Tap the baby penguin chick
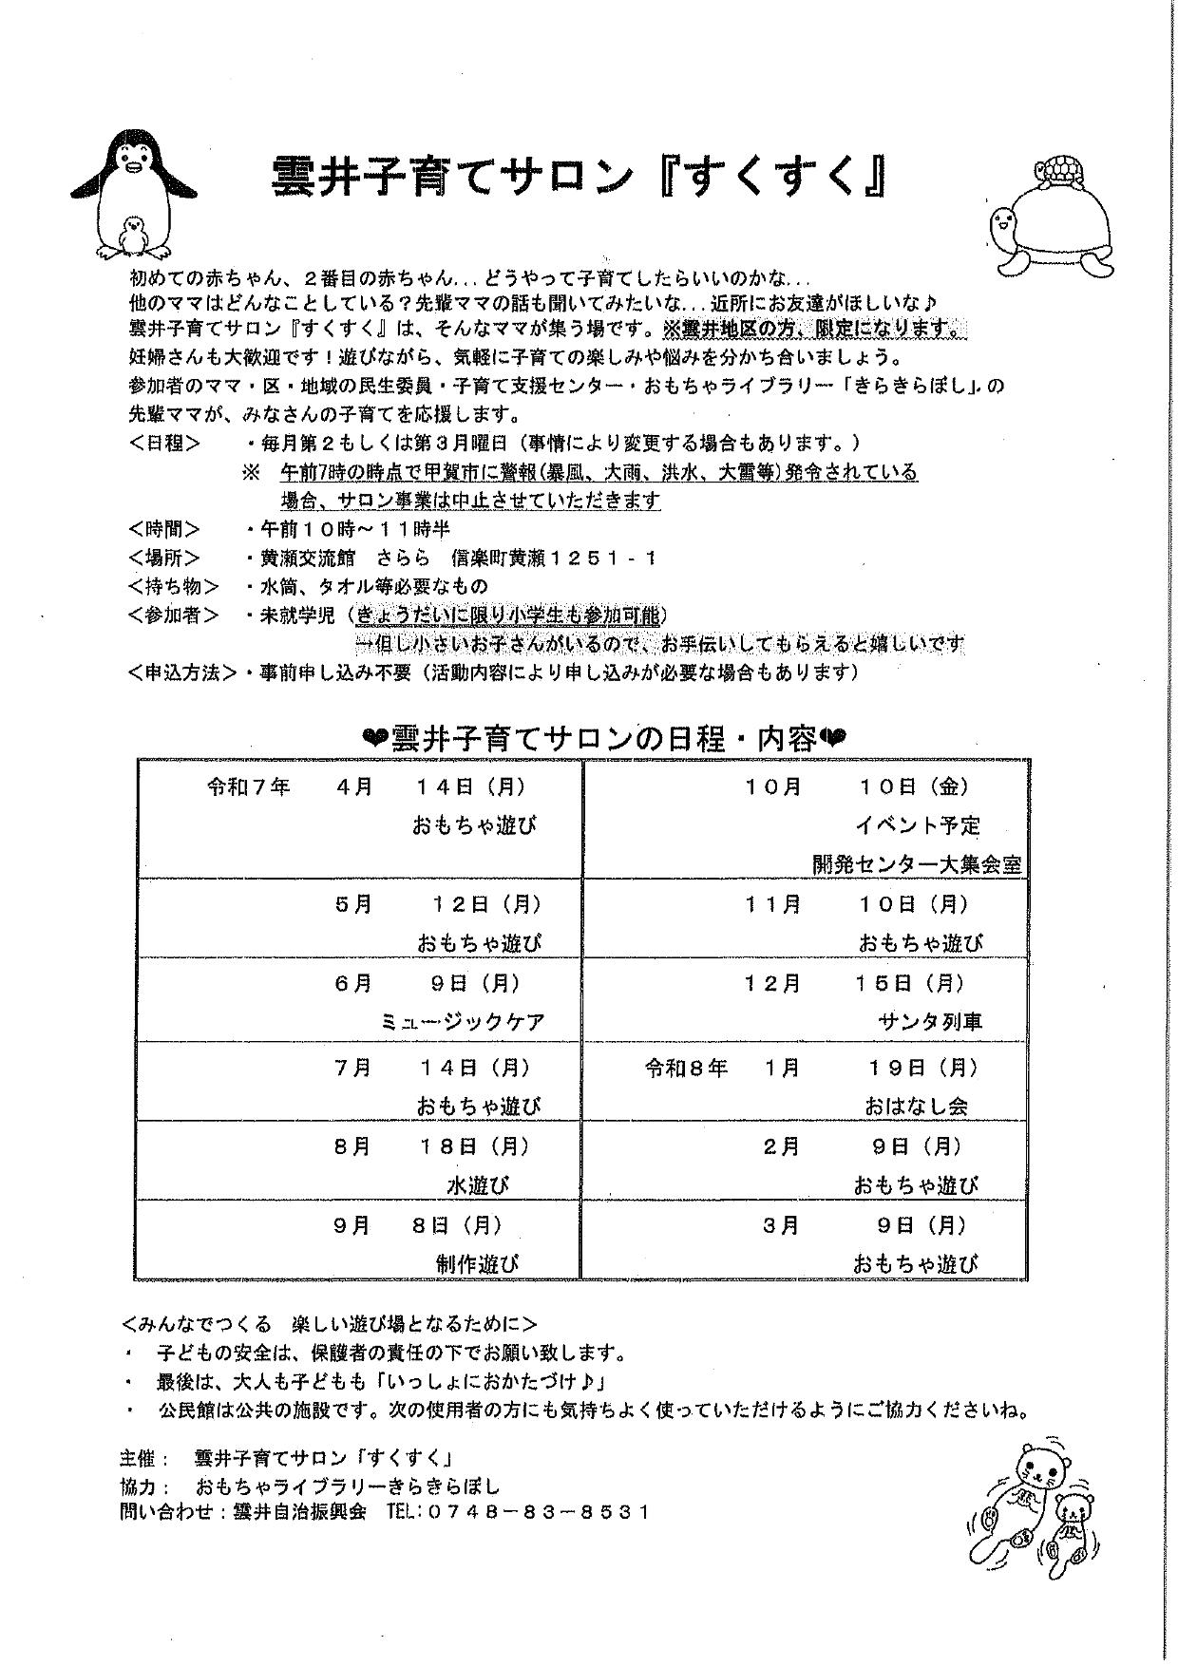point(134,236)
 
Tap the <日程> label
point(164,443)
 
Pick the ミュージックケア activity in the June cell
point(463,1022)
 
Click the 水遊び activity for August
point(478,1185)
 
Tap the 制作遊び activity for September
point(478,1263)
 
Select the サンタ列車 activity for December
point(930,1022)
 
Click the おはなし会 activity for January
point(916,1107)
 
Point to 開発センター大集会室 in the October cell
point(916,864)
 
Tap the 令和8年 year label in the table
point(686,1068)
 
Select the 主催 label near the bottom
point(142,1458)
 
